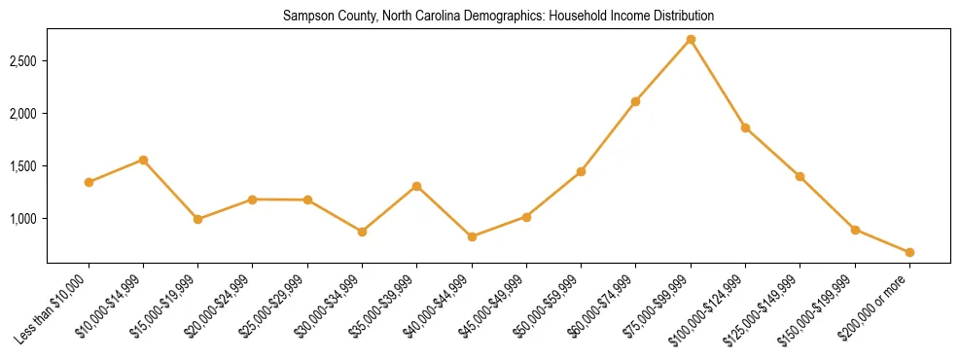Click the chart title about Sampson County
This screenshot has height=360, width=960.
(x=498, y=17)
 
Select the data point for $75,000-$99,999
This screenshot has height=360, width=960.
(x=691, y=40)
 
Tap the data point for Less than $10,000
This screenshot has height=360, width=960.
(x=89, y=182)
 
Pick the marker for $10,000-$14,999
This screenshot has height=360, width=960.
(x=144, y=160)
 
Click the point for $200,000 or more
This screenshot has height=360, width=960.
(x=909, y=252)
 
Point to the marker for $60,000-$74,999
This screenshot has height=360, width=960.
(x=636, y=101)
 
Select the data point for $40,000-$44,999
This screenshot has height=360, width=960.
(x=472, y=236)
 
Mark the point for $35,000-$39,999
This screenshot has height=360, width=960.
(x=417, y=186)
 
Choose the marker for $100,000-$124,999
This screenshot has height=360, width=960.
(x=745, y=127)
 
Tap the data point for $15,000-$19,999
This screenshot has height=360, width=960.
(x=198, y=219)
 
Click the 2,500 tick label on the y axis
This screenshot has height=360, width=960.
(x=22, y=61)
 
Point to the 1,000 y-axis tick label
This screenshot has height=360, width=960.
(x=22, y=219)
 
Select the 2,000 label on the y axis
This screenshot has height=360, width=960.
(x=22, y=114)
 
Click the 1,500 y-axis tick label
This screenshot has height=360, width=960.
(x=22, y=166)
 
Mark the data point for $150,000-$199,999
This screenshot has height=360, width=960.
(x=855, y=230)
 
